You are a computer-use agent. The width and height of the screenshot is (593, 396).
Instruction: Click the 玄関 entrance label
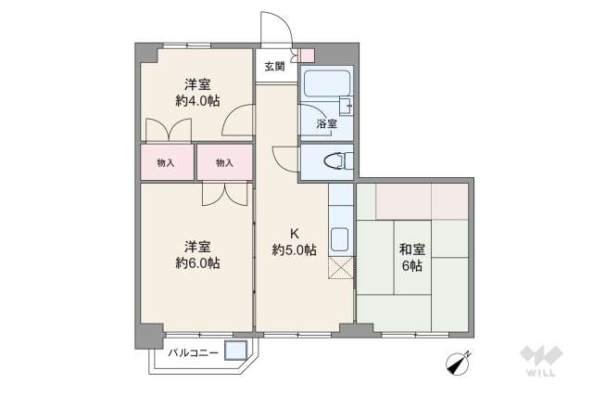(x=274, y=66)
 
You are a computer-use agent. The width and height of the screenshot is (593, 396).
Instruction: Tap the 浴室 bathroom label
(x=326, y=123)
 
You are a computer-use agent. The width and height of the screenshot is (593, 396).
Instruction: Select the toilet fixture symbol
(x=331, y=161)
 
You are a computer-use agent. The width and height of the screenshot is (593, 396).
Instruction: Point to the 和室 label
(x=412, y=249)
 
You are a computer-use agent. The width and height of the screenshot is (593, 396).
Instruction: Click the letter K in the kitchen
(x=294, y=233)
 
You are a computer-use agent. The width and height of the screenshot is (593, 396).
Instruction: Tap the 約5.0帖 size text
(x=294, y=249)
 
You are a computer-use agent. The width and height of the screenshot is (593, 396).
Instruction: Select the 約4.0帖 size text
(x=197, y=99)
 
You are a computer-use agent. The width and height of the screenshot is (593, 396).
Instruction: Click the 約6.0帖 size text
(x=197, y=263)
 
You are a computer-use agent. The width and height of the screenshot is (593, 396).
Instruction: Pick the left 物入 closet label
(x=167, y=163)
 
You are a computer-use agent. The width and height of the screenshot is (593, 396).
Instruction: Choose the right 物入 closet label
(x=224, y=163)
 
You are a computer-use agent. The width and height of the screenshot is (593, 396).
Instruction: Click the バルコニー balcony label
(x=193, y=352)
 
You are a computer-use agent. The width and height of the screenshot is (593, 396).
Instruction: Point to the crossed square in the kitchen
(x=340, y=269)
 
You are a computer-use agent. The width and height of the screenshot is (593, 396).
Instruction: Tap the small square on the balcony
(x=235, y=351)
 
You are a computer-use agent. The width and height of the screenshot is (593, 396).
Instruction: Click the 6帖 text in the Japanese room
(x=412, y=266)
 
